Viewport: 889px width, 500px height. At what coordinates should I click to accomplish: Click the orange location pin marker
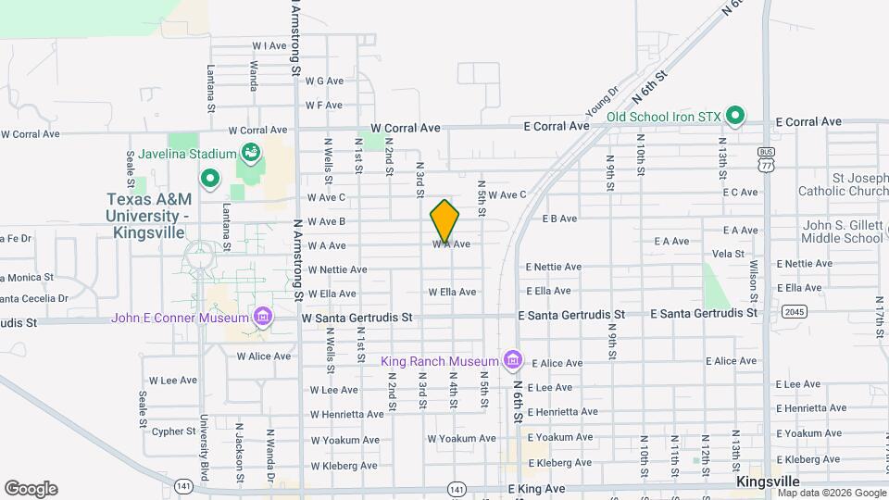[444, 220]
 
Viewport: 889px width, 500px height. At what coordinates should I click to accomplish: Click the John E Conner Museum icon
[264, 318]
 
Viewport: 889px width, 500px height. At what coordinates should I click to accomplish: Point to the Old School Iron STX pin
[735, 116]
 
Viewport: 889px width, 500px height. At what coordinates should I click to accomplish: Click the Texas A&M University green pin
[210, 177]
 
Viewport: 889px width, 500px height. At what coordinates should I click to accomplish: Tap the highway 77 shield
[765, 164]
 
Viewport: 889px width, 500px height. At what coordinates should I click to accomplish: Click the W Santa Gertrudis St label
[357, 317]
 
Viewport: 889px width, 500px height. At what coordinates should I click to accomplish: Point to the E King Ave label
[536, 488]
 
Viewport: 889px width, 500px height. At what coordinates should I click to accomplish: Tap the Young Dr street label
[601, 99]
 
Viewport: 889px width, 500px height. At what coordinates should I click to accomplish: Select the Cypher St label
[174, 431]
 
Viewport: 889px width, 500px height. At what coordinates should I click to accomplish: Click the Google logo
[31, 489]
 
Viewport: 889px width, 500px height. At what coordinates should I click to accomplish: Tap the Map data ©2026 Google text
[832, 493]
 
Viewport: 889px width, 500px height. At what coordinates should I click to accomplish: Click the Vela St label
[729, 253]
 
